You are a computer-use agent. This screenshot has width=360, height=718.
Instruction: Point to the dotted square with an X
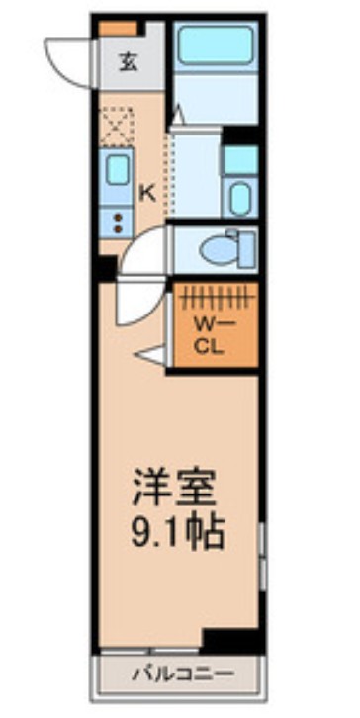pos(117,127)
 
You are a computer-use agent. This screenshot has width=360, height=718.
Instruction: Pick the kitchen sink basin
pos(118,170)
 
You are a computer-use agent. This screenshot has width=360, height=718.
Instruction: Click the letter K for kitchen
pos(146,193)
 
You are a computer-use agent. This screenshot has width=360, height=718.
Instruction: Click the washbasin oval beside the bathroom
pos(240,198)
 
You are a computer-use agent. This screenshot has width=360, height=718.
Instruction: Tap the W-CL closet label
pos(209,337)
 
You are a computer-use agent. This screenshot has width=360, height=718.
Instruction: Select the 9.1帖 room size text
pos(178,534)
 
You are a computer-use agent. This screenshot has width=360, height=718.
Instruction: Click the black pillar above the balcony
pos(231,640)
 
